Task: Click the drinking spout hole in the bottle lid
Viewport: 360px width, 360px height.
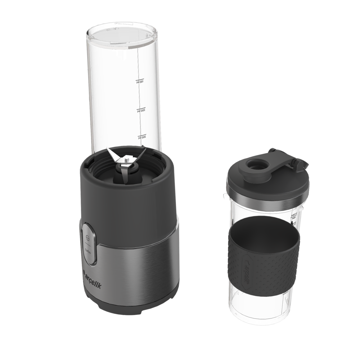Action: point(256,165)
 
